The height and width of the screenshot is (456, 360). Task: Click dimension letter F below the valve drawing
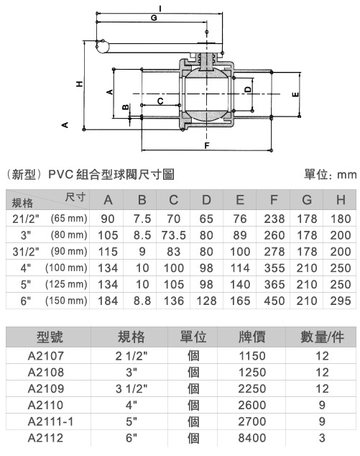pyautogui.click(x=206, y=145)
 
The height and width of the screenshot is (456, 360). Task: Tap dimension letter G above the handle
pyautogui.click(x=154, y=18)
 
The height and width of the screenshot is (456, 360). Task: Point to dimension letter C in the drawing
pyautogui.click(x=160, y=101)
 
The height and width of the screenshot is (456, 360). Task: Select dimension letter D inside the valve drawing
pyautogui.click(x=248, y=89)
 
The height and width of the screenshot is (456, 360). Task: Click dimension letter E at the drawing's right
pyautogui.click(x=295, y=94)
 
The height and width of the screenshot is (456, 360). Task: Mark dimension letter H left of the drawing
pyautogui.click(x=79, y=84)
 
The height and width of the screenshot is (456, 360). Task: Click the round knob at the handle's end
pyautogui.click(x=102, y=47)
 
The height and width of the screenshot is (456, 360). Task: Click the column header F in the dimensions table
pyautogui.click(x=274, y=200)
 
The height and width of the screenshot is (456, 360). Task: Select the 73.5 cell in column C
pyautogui.click(x=173, y=235)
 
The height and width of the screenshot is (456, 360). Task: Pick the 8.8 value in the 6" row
pyautogui.click(x=142, y=301)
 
